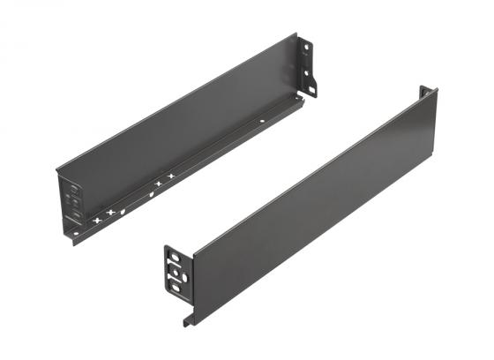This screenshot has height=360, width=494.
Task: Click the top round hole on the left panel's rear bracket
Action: coord(307,46)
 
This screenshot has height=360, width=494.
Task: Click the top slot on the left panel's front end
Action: coord(74,188)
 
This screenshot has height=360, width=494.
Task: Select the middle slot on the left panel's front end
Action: coord(75,202)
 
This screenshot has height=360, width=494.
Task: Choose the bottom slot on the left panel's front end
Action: coord(76,215)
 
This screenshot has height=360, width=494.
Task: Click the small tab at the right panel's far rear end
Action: coord(424,91)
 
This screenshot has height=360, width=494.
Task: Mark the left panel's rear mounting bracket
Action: coord(308,65)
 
